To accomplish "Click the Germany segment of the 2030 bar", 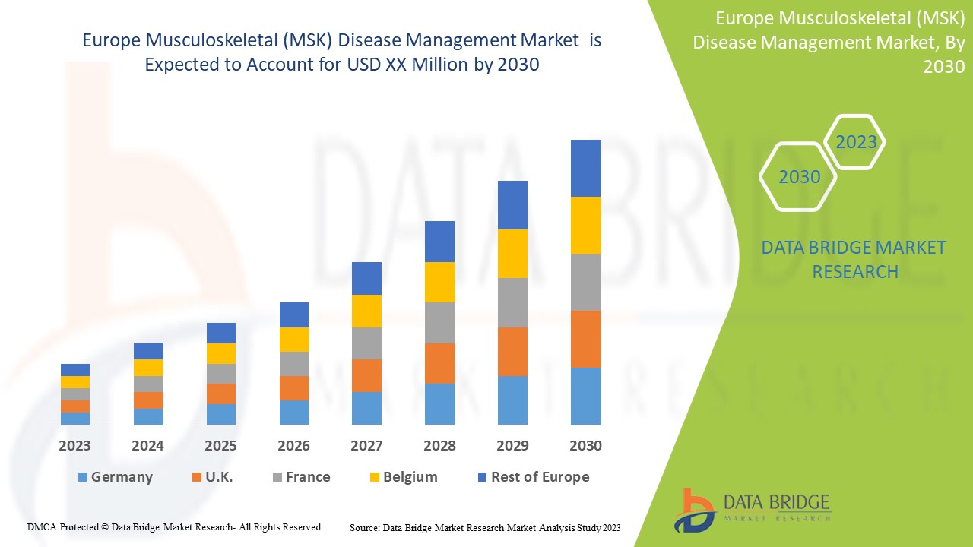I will [x=585, y=396].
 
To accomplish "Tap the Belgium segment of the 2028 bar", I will [x=439, y=282].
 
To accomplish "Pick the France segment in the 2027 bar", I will [x=366, y=343].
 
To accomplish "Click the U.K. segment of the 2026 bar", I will [x=294, y=387].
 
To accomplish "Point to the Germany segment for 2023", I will [x=75, y=418].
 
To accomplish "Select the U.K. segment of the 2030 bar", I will [x=585, y=339].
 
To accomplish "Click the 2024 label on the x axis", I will [x=147, y=446].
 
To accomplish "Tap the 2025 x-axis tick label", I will [x=220, y=446].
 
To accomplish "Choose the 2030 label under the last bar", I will [x=585, y=446].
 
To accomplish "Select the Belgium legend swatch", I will [x=373, y=477].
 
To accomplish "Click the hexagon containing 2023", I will [x=856, y=142].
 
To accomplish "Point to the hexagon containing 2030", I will [x=800, y=177].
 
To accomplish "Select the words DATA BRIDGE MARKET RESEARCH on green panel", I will [x=854, y=259].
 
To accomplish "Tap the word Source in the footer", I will [x=364, y=527].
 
